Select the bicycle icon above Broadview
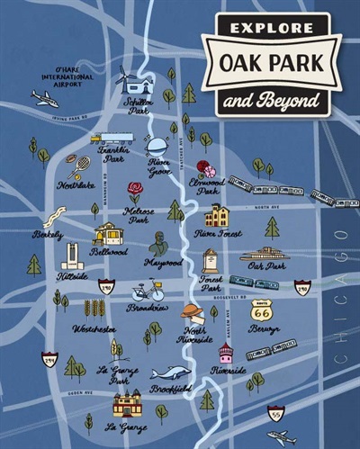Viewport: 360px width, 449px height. coord(148,292)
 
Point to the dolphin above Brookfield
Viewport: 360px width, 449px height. coord(170,373)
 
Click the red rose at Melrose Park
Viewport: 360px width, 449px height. coord(135,191)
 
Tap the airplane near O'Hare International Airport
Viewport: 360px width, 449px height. coord(45,98)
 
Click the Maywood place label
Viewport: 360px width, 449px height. coord(163,263)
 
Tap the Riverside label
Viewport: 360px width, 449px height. coord(229,370)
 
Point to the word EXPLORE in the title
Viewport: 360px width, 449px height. coord(270,29)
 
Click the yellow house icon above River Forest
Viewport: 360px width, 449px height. coord(217,216)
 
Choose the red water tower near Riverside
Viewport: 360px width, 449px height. coord(225,353)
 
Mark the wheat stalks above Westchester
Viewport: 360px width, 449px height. coord(94,309)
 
